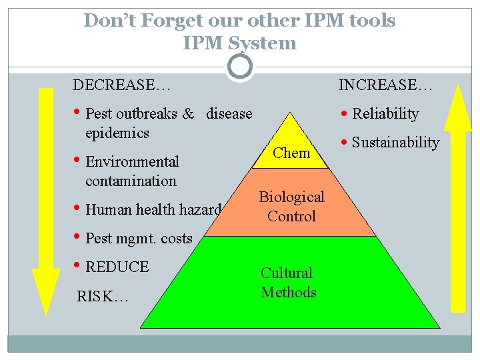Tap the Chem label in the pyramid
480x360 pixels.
point(292,153)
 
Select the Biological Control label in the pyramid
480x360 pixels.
point(291,206)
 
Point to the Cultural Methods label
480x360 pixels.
point(288,282)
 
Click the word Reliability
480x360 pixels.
point(385,114)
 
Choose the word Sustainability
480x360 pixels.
point(395,143)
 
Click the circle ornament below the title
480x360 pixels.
point(240,67)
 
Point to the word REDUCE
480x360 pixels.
point(117,267)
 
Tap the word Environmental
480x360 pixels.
point(133,162)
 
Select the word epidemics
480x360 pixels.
point(117,133)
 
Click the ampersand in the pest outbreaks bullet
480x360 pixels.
point(188,114)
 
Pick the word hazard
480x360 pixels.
point(199,210)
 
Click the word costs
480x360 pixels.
point(177,238)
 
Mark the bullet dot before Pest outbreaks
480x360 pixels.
point(78,112)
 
